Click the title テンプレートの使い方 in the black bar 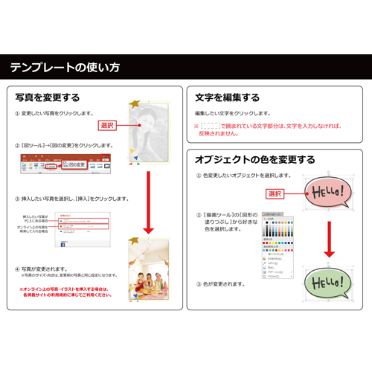point(65,68)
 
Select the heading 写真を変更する point(48,97)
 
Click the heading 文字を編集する point(227,97)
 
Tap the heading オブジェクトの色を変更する point(254,159)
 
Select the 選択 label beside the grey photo point(107,125)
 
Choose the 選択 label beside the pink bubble point(275,193)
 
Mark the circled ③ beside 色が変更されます point(199,283)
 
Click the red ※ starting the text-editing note point(196,126)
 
